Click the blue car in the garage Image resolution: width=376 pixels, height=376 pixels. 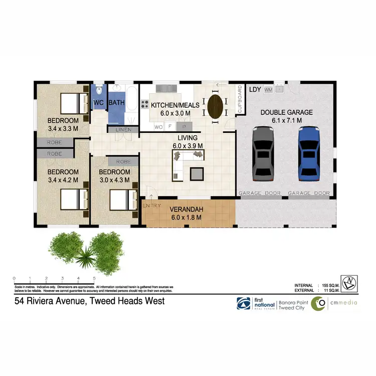pos(309,153)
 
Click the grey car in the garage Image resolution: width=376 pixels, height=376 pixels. pos(264,153)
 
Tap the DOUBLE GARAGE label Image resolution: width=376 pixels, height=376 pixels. pos(286,113)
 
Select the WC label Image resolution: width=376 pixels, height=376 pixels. pos(98,103)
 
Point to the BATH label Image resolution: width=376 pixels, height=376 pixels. pos(117,103)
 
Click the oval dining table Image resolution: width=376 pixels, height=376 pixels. pos(216,106)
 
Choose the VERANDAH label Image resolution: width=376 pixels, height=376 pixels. pos(185,210)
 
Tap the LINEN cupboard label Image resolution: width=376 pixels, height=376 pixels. pos(123,130)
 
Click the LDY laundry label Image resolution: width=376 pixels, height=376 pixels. pos(255,90)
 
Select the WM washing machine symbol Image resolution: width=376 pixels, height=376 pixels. pos(268,90)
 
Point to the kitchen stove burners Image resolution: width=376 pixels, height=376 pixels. pos(144,105)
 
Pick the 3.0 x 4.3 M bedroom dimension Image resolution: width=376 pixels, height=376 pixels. pos(115,179)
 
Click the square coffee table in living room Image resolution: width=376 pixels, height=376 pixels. pos(197,173)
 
